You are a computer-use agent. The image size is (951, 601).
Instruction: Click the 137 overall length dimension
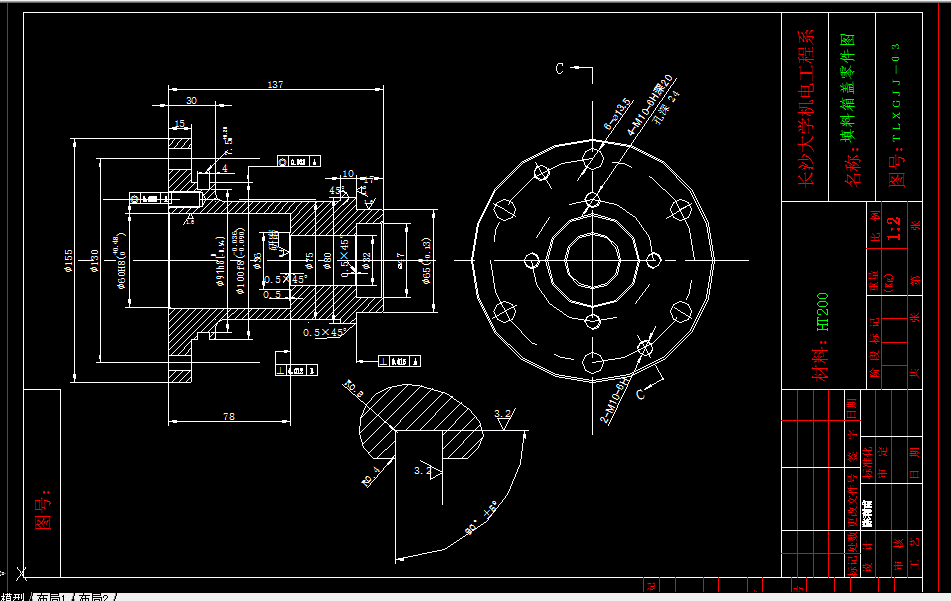point(274,85)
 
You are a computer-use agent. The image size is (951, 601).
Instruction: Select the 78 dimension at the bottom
point(228,415)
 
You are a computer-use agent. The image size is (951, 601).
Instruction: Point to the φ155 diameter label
point(69,260)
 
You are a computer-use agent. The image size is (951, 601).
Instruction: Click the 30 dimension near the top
point(191,100)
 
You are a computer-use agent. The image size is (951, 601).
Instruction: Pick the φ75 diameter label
point(310,262)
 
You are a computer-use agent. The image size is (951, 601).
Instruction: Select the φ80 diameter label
point(327,262)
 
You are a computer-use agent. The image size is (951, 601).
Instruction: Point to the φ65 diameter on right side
point(427,262)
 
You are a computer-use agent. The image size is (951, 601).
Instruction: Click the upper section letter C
point(560,68)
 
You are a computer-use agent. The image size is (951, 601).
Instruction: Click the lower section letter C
point(640,394)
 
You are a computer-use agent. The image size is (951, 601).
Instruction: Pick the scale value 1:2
point(895,229)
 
